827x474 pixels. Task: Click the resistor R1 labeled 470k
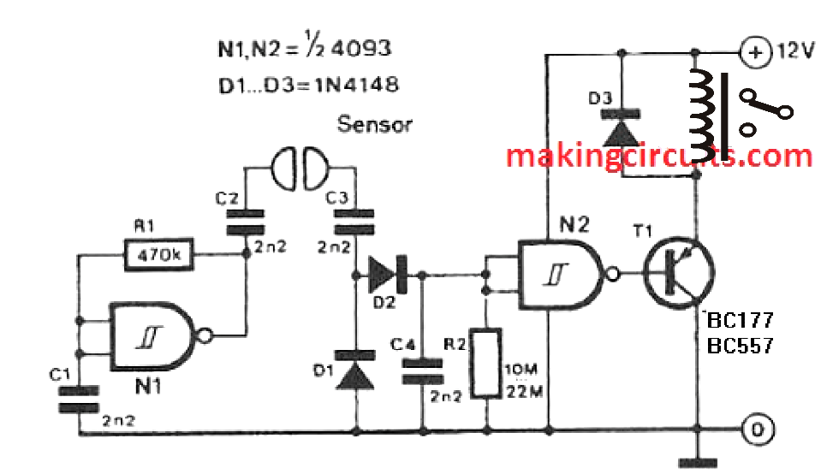[159, 254]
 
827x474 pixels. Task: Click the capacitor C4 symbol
[422, 370]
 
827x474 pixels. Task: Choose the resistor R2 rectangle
[487, 362]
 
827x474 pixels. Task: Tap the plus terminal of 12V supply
[755, 52]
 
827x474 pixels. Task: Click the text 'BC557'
[739, 347]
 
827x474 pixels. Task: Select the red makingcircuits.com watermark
[657, 157]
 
